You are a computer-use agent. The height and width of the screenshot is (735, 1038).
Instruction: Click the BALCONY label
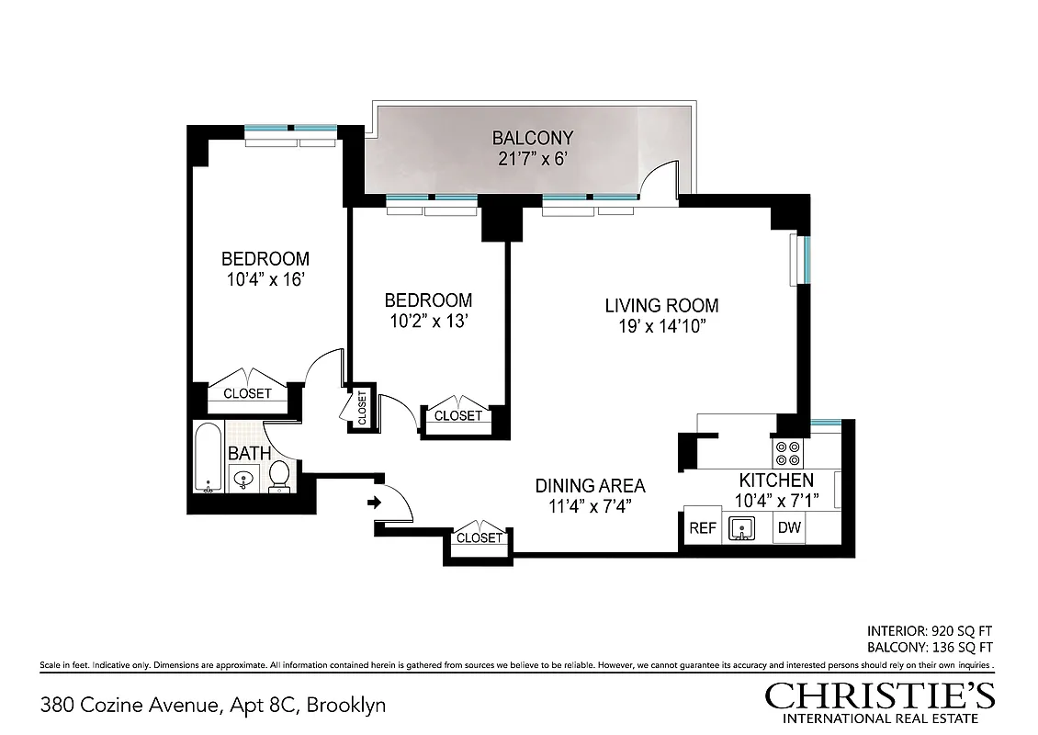[532, 138]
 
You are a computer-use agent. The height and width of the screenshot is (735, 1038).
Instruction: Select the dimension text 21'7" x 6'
[532, 158]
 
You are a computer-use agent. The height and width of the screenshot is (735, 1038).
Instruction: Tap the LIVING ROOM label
[661, 306]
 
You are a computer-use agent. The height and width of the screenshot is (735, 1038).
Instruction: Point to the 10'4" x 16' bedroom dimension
[265, 279]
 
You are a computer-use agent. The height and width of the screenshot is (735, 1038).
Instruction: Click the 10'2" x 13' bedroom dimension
[428, 321]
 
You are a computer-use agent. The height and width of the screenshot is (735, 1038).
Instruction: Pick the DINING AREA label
[590, 486]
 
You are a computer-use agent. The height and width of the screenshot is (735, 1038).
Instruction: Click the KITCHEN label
[776, 481]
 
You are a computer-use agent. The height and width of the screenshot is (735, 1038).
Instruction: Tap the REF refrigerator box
[703, 528]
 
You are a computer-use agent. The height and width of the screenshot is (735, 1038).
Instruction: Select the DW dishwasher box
[788, 528]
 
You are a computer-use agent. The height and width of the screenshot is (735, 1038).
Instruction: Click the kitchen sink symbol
[740, 528]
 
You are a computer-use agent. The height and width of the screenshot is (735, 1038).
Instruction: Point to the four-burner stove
[787, 453]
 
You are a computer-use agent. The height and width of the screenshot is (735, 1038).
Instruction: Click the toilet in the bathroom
[280, 477]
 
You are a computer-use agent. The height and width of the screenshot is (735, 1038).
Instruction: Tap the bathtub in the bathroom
[209, 458]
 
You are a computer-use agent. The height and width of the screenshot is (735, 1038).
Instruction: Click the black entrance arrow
[375, 503]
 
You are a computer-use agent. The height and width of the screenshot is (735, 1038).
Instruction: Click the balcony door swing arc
[660, 178]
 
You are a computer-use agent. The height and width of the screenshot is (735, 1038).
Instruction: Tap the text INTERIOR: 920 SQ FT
[930, 631]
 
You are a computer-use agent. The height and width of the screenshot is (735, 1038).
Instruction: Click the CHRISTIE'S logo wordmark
[879, 695]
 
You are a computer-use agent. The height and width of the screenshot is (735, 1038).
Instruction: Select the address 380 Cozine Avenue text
[130, 706]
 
